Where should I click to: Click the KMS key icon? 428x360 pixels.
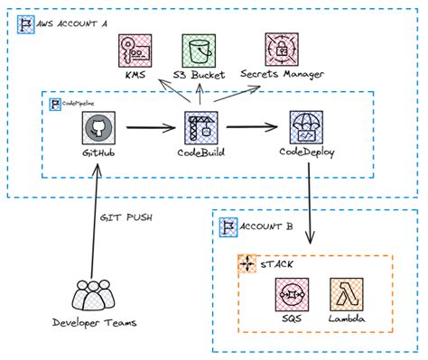coord(135,50)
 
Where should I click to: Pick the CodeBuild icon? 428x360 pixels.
coord(200,128)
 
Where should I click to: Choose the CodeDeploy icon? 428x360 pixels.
coord(307,128)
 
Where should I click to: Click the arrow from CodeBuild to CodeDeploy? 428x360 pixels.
coord(254,128)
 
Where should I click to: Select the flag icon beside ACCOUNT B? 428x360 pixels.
coord(228,226)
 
